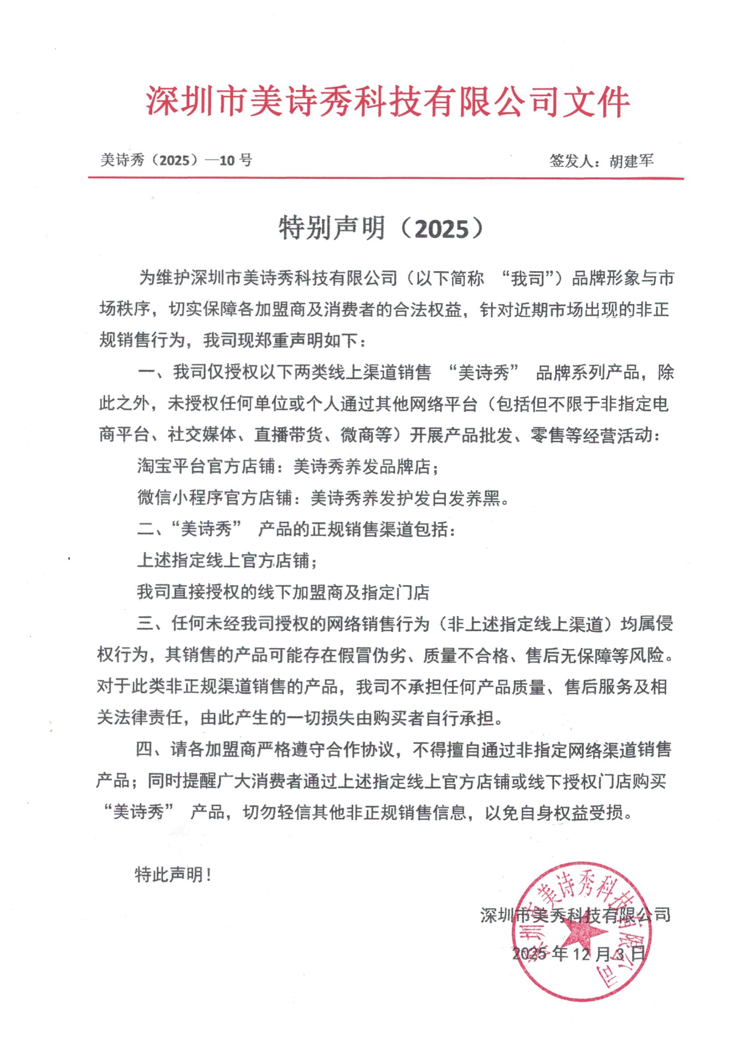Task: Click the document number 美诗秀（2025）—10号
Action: click(x=176, y=161)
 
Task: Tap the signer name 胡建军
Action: click(x=631, y=161)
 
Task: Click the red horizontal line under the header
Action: click(x=386, y=178)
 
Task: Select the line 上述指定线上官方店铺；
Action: click(x=227, y=561)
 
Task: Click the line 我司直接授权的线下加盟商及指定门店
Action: click(x=283, y=593)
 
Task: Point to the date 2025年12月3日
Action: click(x=579, y=954)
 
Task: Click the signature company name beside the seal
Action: click(x=575, y=915)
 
